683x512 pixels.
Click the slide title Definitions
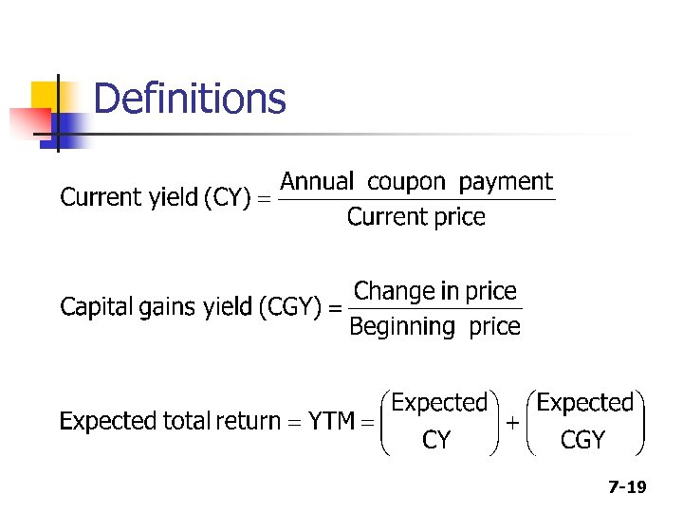[x=190, y=99]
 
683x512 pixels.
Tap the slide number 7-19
[x=627, y=487]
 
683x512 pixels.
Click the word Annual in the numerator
[x=317, y=181]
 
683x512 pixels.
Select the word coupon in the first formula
[x=412, y=182]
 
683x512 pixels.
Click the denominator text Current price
[x=415, y=217]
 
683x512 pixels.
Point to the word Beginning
[x=402, y=327]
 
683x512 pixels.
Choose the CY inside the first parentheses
[x=436, y=441]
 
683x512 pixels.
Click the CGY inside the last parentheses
[x=583, y=441]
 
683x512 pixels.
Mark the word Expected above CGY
[x=584, y=403]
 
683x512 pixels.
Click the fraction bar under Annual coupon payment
[x=417, y=199]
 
